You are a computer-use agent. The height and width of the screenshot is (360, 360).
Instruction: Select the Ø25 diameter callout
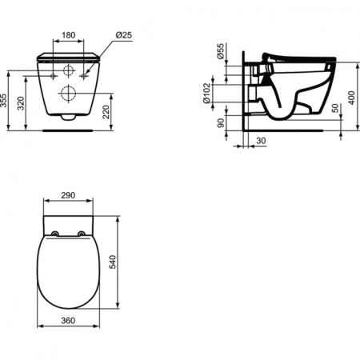[x=123, y=36]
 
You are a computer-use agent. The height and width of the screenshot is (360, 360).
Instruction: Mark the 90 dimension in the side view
[x=220, y=122]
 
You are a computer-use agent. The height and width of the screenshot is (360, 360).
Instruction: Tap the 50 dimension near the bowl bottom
[x=334, y=109]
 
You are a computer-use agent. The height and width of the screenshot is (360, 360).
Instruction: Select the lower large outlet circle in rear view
[x=68, y=95]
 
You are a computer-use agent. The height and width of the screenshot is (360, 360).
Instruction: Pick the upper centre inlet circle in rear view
[x=69, y=69]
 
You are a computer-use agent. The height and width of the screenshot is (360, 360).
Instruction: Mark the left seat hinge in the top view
[x=55, y=234]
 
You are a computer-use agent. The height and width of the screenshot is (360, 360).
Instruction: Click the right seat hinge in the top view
[x=82, y=234]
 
